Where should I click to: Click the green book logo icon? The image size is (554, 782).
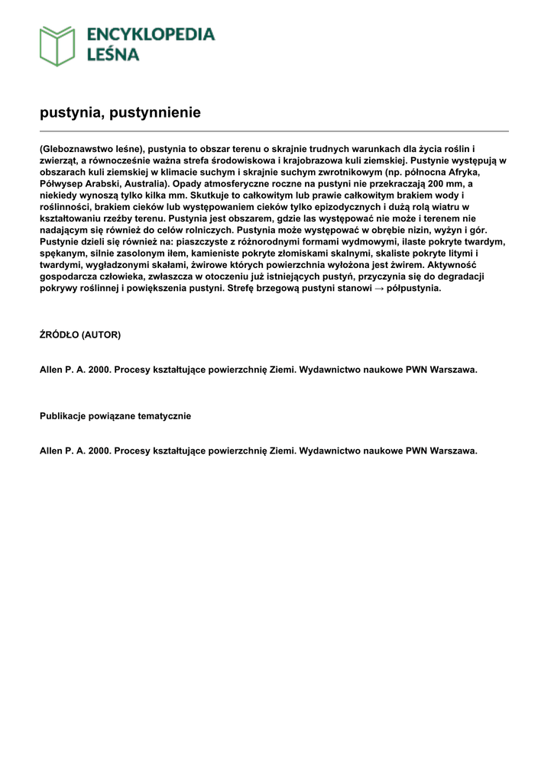click(57, 46)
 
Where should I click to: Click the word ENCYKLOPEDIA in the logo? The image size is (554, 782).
click(151, 34)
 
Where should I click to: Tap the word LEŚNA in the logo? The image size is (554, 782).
click(112, 55)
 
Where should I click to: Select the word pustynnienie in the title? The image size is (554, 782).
click(155, 112)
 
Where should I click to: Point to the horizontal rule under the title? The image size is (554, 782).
click(274, 131)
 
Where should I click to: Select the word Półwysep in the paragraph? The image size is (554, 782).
click(60, 183)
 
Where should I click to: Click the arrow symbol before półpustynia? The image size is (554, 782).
click(381, 288)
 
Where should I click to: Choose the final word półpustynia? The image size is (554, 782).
click(415, 288)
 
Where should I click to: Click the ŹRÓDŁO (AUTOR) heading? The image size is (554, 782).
click(80, 334)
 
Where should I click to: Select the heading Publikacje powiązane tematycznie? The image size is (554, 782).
click(115, 416)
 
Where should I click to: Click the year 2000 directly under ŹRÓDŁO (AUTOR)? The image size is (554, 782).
click(99, 369)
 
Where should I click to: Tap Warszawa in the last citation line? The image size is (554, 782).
click(453, 451)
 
